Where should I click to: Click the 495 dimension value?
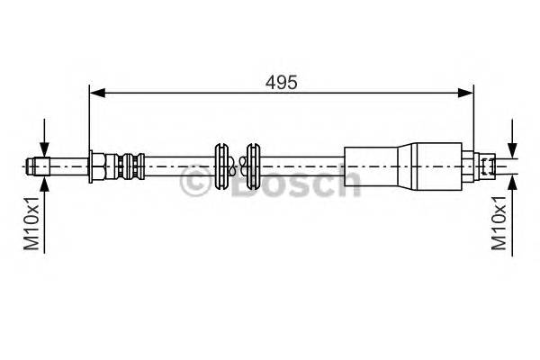282,81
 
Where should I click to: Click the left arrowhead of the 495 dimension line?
95,91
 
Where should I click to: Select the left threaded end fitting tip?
36,165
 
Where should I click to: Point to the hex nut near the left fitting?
96,166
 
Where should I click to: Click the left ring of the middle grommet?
220,166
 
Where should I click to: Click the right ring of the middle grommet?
252,166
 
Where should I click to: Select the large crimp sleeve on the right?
378,165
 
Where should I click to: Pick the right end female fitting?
486,166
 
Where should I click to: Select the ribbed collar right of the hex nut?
126,166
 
